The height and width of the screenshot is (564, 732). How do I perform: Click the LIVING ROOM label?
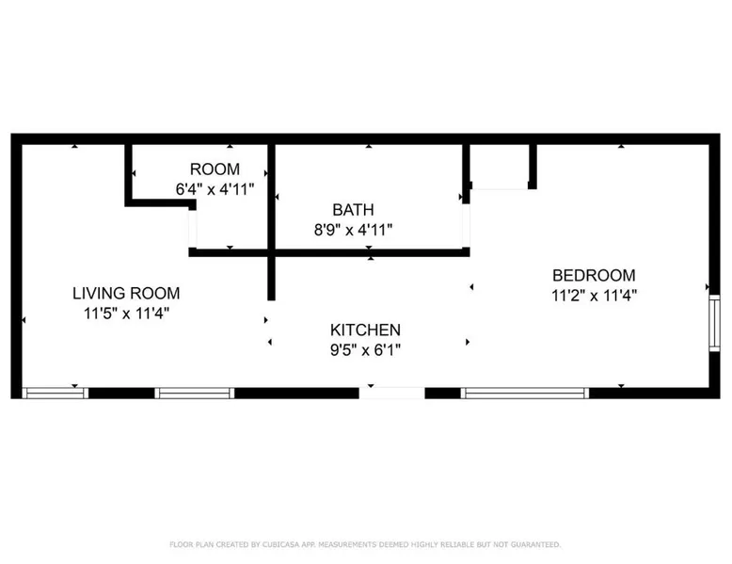pos(126,293)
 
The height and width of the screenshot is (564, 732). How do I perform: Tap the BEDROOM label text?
pos(594,275)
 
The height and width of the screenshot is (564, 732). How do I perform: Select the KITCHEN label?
pos(365,330)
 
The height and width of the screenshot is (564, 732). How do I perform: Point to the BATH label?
pos(353,210)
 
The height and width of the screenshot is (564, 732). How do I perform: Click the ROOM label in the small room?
pos(215,169)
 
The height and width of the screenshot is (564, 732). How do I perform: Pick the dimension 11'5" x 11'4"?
pos(126,314)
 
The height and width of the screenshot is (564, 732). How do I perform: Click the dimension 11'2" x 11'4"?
pos(594,296)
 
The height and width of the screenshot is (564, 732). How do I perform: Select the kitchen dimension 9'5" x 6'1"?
pos(365,350)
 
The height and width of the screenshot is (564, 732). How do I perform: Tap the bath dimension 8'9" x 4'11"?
pos(353,230)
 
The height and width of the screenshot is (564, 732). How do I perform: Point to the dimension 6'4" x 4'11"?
pos(215,189)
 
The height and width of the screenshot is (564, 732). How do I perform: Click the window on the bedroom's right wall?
pos(714,323)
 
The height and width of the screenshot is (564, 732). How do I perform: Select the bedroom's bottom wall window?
pos(525,393)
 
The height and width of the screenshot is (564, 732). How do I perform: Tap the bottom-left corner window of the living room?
pos(56,393)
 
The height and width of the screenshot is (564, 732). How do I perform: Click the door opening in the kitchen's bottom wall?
pos(391,393)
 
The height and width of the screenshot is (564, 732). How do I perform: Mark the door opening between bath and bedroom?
pos(466,226)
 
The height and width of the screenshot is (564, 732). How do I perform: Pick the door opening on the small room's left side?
pos(192,229)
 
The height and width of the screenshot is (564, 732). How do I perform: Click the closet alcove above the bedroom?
pos(499,167)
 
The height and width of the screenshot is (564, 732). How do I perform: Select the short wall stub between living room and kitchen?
pos(271,279)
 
